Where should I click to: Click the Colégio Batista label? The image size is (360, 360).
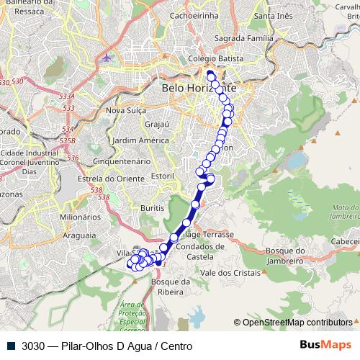(209, 59)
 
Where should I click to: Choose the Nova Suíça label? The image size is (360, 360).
(126, 110)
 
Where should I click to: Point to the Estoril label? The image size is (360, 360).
(163, 175)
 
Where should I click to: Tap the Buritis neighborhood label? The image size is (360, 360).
(153, 207)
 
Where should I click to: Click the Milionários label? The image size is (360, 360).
(80, 216)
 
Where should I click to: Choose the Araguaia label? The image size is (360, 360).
(79, 235)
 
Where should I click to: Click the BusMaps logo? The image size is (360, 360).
(325, 346)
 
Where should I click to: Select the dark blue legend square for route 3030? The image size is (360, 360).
(12, 346)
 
